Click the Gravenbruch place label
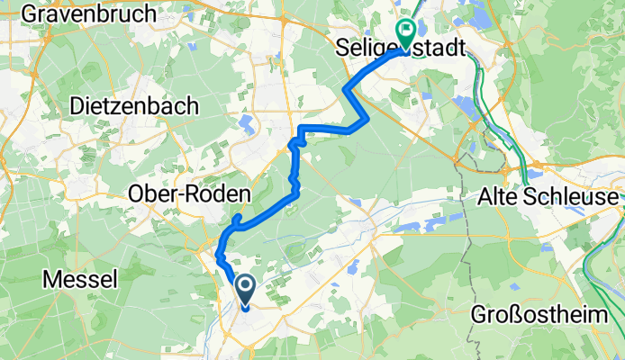pos(77,13)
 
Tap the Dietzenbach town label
pos(134,105)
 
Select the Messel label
pos(80,280)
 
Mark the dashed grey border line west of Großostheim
pos(468,261)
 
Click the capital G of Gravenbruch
pos(27,13)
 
